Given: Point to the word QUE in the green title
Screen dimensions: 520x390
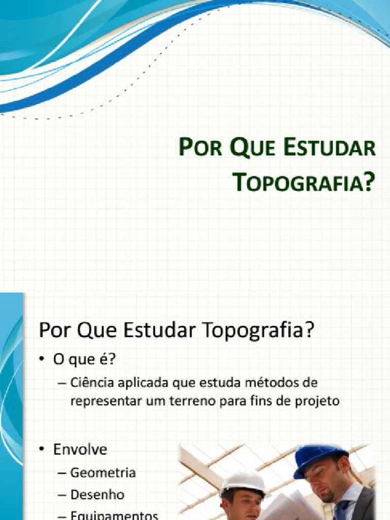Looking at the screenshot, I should pos(251,148).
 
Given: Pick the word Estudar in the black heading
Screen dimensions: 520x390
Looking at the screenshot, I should pos(162,331).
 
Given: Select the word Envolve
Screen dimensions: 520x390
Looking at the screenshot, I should pos(80,449).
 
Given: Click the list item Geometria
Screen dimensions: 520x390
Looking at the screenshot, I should pos(103,473).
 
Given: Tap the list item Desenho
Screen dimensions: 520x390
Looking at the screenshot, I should pos(97,494).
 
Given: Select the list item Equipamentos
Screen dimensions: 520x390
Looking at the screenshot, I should pos(114,515).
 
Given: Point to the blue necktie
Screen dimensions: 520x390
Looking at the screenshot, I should pos(341,510).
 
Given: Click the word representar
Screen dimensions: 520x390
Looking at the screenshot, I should pos(106,401).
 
